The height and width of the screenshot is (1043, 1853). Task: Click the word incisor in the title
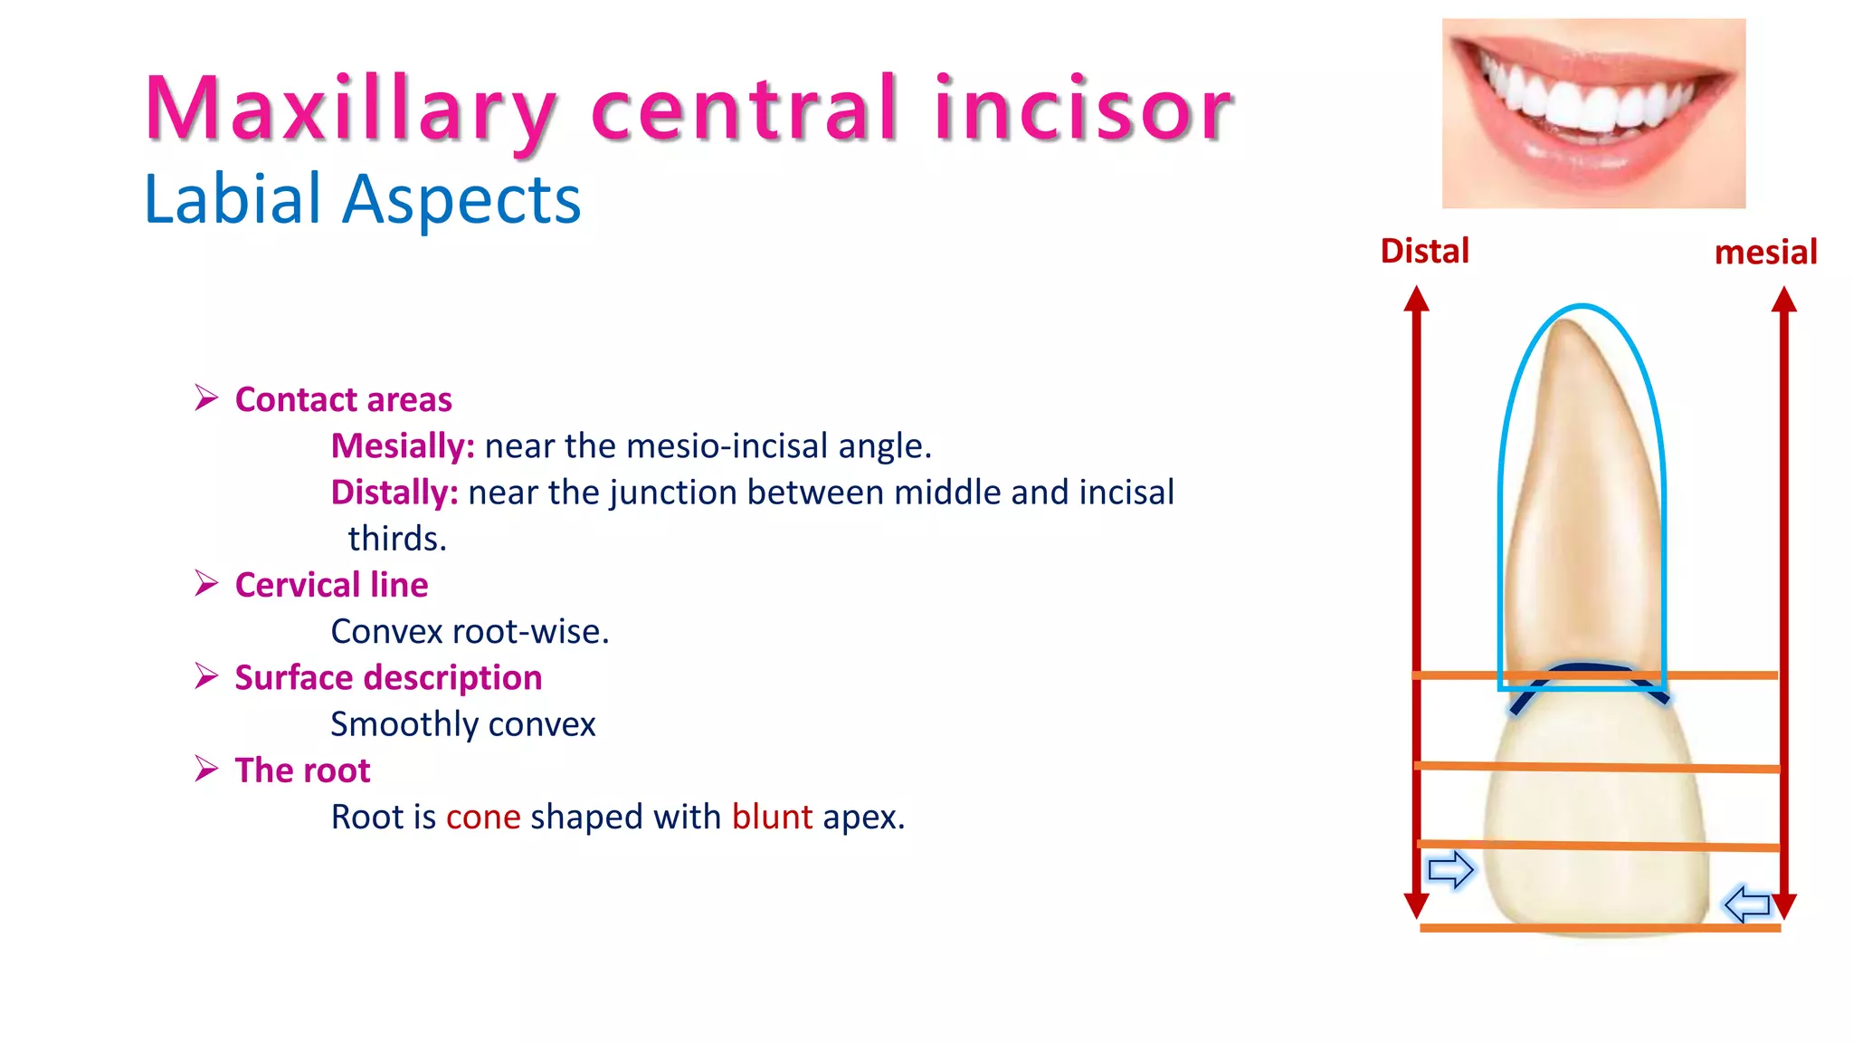pos(1082,110)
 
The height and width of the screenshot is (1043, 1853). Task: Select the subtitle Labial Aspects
pos(362,199)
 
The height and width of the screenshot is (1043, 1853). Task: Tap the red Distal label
pos(1424,251)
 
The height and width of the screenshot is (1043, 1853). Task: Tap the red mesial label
pos(1765,252)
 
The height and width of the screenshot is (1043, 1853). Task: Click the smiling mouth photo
pos(1593,113)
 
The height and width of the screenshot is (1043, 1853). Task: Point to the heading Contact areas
pos(343,399)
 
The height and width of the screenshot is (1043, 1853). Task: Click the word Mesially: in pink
pos(403,446)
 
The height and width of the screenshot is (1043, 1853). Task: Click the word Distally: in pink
pos(394,493)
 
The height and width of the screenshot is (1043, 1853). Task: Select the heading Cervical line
pos(331,585)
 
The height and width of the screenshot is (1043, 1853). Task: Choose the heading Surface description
pos(388,677)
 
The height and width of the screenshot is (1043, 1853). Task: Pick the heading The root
pos(302,770)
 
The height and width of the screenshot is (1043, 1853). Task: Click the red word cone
pos(483,817)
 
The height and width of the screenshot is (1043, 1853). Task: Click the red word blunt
pos(772,817)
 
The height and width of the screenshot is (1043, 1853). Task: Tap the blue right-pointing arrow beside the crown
pos(1450,870)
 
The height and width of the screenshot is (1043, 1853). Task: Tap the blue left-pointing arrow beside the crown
pos(1747,904)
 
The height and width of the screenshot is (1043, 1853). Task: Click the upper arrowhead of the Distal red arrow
pos(1416,300)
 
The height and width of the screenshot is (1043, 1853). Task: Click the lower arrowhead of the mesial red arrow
pos(1783,905)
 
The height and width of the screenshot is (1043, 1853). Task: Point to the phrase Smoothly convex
pos(462,724)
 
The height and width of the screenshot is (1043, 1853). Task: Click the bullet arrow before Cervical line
pos(206,584)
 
